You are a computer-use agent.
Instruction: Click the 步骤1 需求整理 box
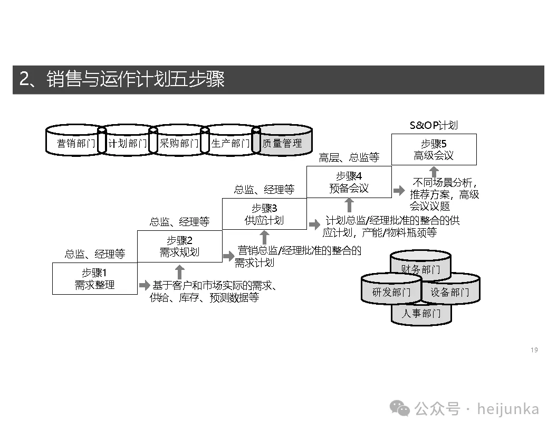coord(94,279)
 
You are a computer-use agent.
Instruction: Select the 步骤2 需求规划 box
coord(179,246)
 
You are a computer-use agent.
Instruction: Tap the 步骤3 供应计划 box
coord(264,214)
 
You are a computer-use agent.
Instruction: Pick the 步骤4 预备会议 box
coord(349,182)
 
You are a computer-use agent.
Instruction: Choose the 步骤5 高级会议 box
coord(434,149)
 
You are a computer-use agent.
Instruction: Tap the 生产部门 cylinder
coord(231,143)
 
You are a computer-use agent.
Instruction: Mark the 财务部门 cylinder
coord(420,269)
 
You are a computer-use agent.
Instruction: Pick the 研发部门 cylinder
coord(391,292)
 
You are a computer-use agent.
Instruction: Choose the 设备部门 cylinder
coord(450,292)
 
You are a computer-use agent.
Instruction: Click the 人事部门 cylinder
coord(420,313)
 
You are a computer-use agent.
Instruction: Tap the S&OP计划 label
coord(434,125)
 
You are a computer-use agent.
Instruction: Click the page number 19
coord(534,350)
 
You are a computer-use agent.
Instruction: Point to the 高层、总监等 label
coord(349,157)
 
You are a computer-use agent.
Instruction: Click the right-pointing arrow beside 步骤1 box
coord(145,286)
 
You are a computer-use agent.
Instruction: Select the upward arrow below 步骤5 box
coord(434,172)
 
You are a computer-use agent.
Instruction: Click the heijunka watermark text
coord(508,409)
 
